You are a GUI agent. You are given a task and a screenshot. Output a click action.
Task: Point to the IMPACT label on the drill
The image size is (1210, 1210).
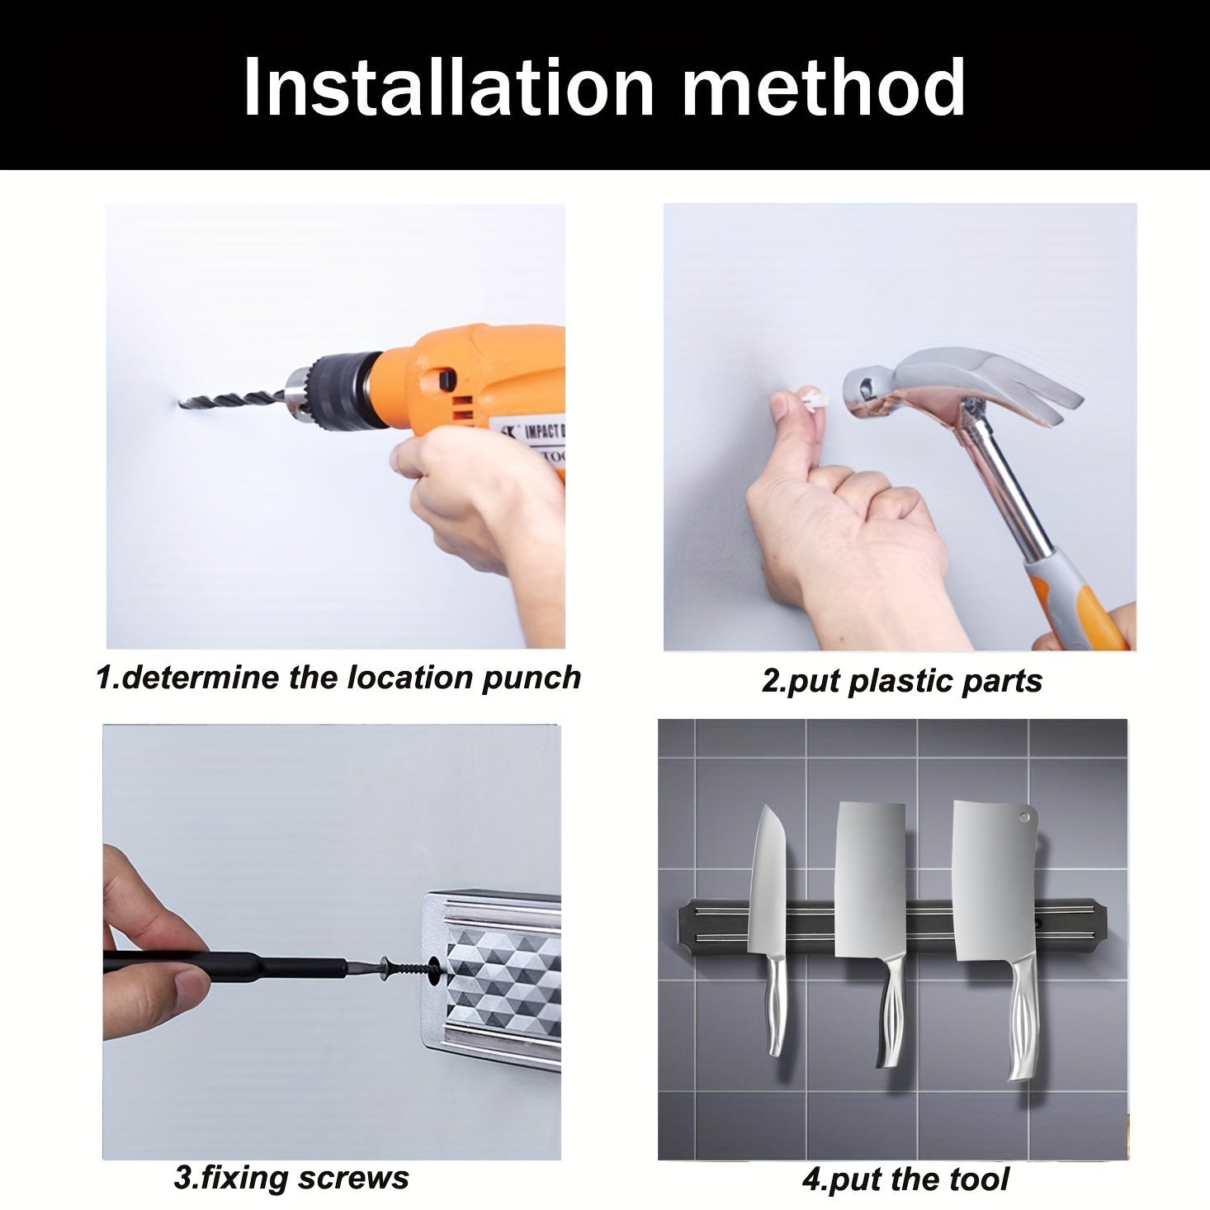click(x=544, y=432)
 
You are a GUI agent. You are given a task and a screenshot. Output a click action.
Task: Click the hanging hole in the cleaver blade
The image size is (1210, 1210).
click(x=1024, y=818)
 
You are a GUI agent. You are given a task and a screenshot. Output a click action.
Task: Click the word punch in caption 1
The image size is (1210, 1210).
click(x=531, y=678)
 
